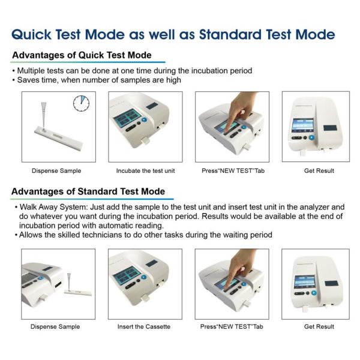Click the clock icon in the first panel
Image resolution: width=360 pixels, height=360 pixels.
[81, 104]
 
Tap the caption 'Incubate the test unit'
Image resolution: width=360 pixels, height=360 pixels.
[146, 171]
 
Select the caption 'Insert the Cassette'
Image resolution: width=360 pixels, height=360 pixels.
[144, 326]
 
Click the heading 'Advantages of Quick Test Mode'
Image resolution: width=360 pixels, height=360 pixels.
[82, 55]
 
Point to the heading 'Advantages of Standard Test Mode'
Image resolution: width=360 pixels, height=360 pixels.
[88, 191]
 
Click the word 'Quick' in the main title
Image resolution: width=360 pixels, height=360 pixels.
[32, 35]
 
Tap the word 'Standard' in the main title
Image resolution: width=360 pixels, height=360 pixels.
[230, 34]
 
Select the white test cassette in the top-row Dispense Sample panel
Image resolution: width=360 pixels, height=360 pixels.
[59, 139]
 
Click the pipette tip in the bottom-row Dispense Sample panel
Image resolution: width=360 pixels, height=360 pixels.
[69, 282]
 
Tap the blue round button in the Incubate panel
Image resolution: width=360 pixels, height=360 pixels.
[144, 119]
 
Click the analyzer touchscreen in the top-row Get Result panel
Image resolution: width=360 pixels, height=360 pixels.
[303, 125]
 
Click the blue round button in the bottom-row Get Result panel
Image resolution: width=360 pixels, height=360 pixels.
[314, 293]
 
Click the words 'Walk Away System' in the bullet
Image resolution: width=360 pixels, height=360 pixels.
[54, 207]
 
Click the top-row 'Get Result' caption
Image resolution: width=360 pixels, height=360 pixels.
[319, 171]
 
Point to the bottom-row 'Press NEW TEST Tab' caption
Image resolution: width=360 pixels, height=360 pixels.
[232, 326]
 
